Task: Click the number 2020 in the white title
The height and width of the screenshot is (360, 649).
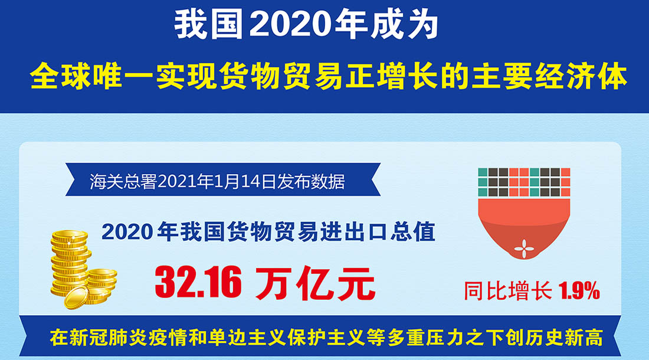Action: click(290, 25)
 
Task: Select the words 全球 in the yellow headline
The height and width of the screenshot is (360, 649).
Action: click(61, 76)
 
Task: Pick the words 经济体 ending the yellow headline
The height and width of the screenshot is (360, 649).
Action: click(581, 76)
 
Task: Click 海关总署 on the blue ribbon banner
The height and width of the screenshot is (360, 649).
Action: click(123, 181)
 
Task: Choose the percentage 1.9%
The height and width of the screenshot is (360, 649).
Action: click(579, 291)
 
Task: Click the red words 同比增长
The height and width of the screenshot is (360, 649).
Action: click(508, 291)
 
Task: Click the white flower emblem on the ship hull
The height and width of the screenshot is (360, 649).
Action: click(524, 248)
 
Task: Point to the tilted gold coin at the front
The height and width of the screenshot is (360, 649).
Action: click(77, 297)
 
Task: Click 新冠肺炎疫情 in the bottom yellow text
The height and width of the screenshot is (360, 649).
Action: click(111, 338)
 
